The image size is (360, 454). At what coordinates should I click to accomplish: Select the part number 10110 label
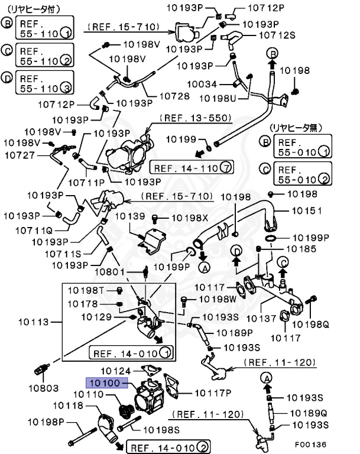[88, 394]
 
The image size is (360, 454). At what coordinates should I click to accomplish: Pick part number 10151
[306, 210]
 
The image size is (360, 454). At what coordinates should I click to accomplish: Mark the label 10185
[301, 249]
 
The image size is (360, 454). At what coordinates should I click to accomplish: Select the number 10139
[129, 216]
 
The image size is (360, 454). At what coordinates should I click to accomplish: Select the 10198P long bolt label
[45, 423]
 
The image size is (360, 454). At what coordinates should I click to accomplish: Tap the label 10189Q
[309, 413]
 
